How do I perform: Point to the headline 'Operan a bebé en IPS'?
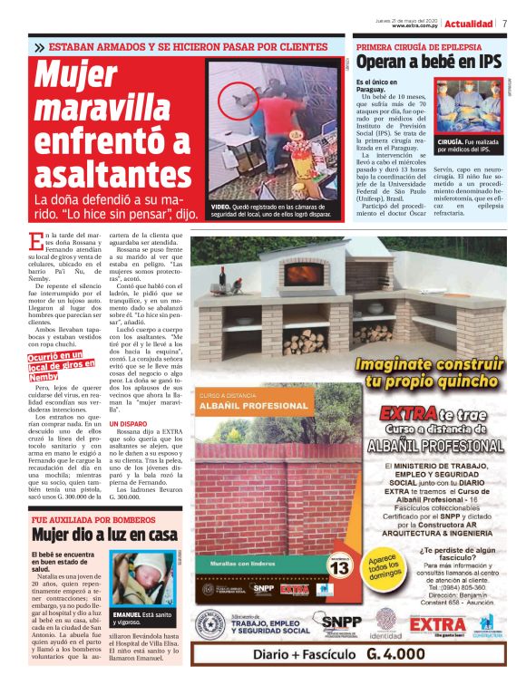tap(427, 62)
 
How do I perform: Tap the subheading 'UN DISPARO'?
tap(126, 423)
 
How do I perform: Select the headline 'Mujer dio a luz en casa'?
tap(100, 535)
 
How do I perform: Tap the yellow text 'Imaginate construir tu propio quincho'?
tap(424, 372)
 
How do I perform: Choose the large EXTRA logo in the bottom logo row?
tap(438, 624)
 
